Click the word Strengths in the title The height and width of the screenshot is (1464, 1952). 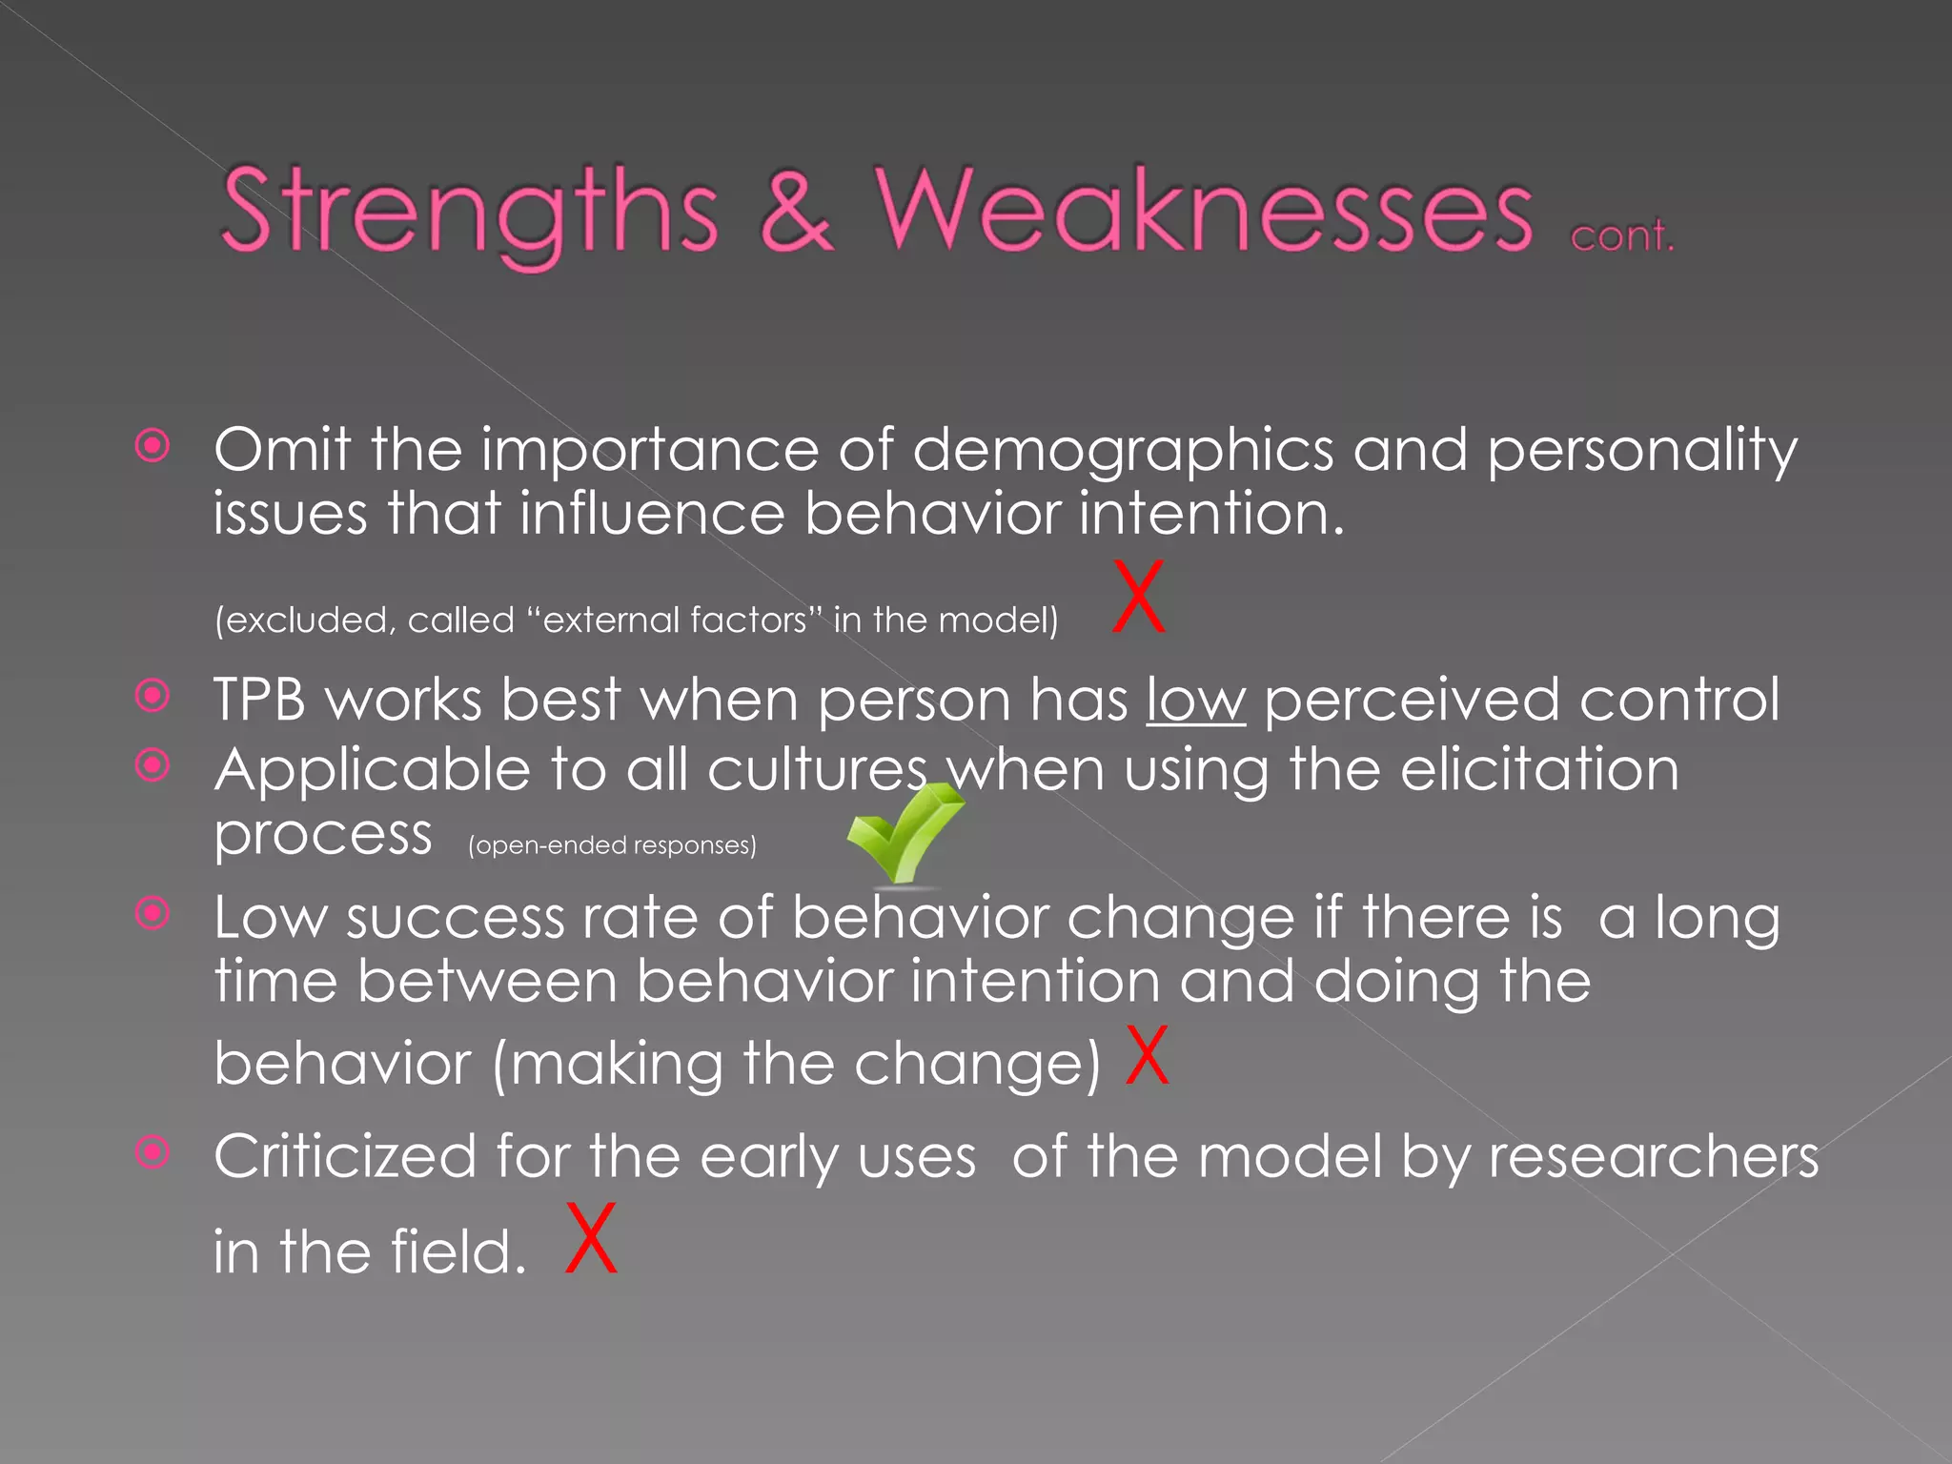pyautogui.click(x=469, y=212)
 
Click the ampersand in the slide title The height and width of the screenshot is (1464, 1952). pyautogui.click(x=796, y=212)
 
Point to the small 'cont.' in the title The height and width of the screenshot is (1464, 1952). pyautogui.click(x=1621, y=235)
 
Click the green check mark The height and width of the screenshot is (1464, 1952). pyautogui.click(x=903, y=832)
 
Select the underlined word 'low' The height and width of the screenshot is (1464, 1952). pyautogui.click(x=1195, y=701)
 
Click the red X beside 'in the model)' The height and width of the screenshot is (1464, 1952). pyautogui.click(x=1139, y=598)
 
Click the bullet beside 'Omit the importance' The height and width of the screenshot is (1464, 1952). pyautogui.click(x=152, y=446)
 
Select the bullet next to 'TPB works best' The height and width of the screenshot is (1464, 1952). pyautogui.click(x=152, y=696)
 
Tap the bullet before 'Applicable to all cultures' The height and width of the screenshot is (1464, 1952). pyautogui.click(x=152, y=765)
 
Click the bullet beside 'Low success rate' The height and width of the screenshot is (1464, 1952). pyautogui.click(x=152, y=914)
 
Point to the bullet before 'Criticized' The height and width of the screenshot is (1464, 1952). pyautogui.click(x=152, y=1153)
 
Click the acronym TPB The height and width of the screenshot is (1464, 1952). pyautogui.click(x=259, y=701)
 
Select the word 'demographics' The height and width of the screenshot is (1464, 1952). pyautogui.click(x=1123, y=450)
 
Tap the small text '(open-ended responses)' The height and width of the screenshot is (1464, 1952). pyautogui.click(x=612, y=845)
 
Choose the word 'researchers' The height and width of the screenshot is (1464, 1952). pyautogui.click(x=1654, y=1157)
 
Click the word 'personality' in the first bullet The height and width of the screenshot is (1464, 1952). pyautogui.click(x=1641, y=450)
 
